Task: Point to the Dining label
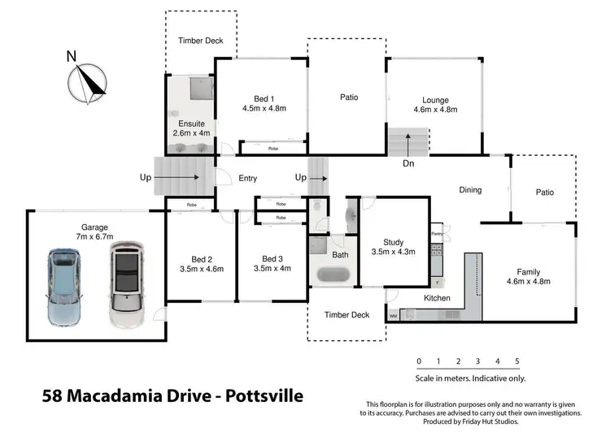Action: click(470, 190)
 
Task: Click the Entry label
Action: click(247, 178)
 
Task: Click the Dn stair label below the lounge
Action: click(409, 163)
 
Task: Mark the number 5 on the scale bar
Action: click(517, 361)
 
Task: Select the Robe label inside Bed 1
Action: click(274, 149)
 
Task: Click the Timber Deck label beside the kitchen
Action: click(346, 314)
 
